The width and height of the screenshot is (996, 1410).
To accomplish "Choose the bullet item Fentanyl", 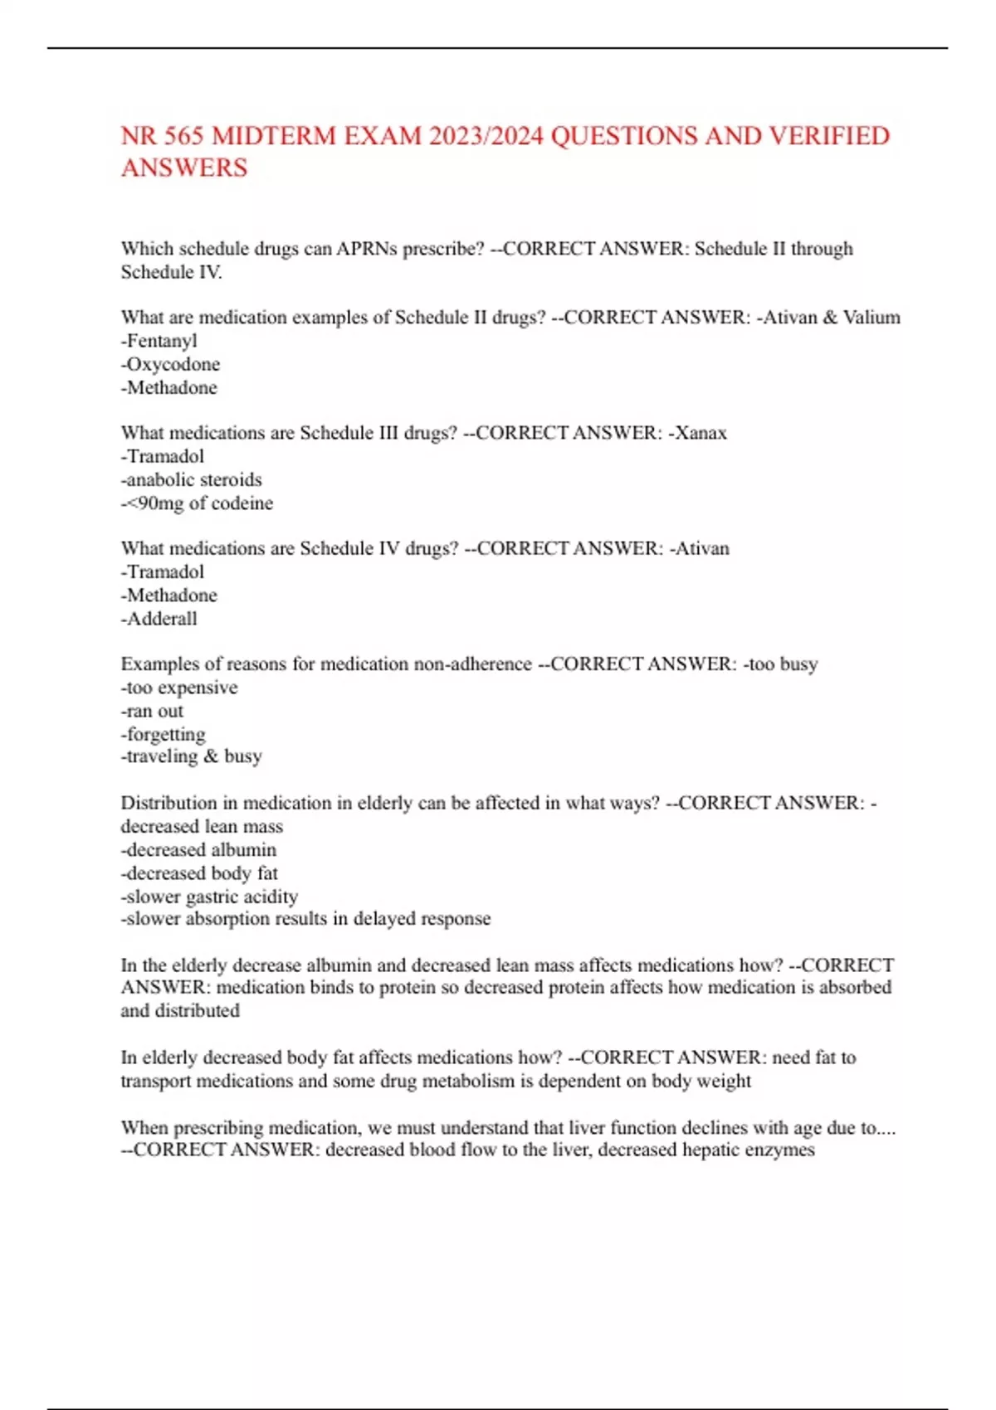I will pos(161,341).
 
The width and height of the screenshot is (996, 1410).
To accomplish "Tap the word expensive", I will pos(198,688).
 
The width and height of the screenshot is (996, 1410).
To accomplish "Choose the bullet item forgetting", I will pos(165,734).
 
